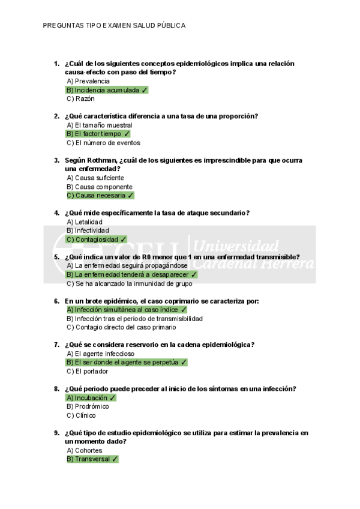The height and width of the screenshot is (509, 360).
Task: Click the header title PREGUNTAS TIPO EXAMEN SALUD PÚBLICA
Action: click(x=114, y=26)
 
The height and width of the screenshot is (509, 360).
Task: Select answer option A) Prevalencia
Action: click(x=88, y=81)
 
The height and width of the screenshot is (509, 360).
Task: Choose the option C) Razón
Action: click(x=81, y=98)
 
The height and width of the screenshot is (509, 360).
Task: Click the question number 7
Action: click(x=56, y=345)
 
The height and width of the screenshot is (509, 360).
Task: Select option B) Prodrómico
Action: click(x=88, y=406)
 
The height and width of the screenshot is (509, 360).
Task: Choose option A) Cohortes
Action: click(x=85, y=450)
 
